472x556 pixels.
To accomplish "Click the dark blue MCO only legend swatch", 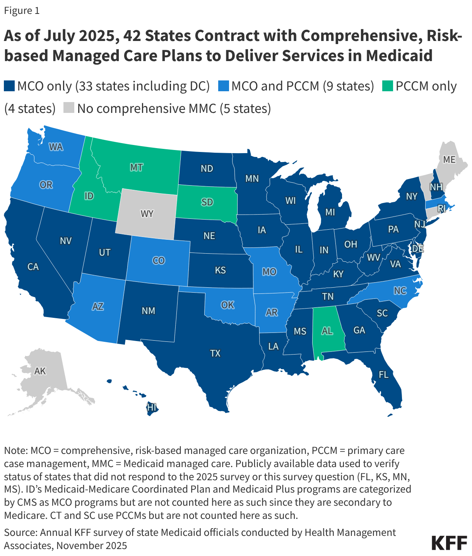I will pos(9,86).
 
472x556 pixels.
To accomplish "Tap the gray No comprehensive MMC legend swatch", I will pos(69,108).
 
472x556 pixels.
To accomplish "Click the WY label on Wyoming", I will pos(147,214).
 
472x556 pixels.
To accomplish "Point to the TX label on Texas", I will pos(215,353).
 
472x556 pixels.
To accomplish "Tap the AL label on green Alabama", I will pos(327,331).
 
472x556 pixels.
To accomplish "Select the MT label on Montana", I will pos(136,167).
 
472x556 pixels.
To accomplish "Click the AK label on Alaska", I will pos(40,371).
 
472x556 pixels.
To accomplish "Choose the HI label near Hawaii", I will pos(151,407).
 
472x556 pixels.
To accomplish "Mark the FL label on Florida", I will pos(383,375).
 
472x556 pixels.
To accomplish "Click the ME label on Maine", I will pos(449,160).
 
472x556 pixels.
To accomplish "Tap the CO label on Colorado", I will pos(159,261).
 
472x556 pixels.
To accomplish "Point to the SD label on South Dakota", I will pos(207,202).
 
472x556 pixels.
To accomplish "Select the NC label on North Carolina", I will pos(400,291).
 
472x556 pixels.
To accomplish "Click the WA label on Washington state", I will pos(56,147).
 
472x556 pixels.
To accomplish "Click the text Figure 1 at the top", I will pos(22,10).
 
